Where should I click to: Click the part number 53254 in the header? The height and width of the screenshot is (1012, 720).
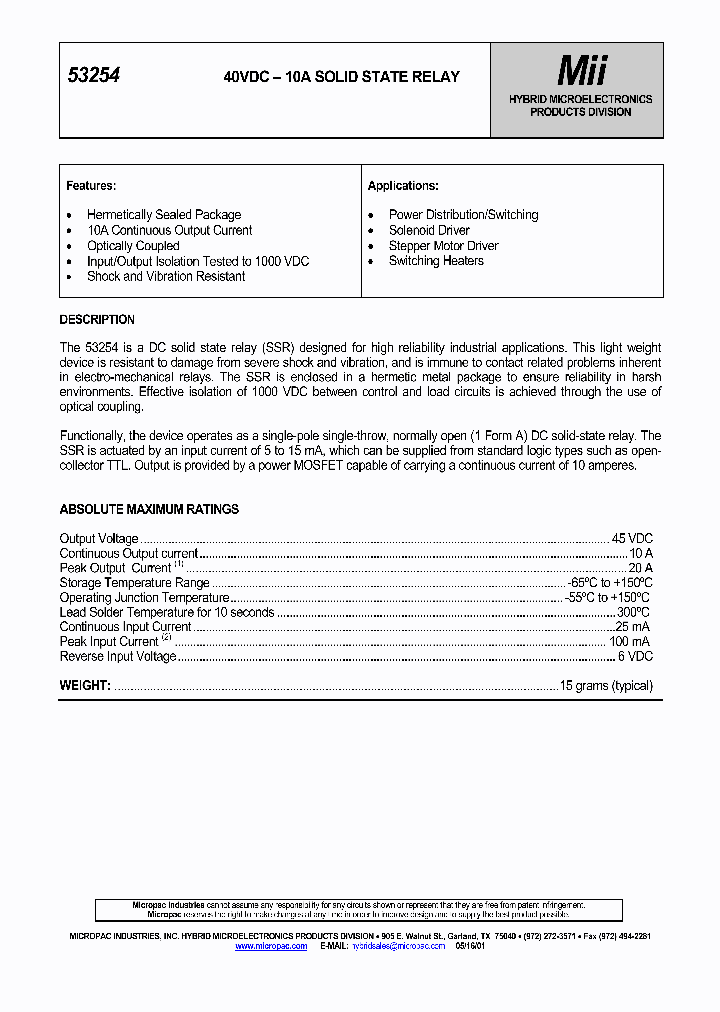pyautogui.click(x=93, y=76)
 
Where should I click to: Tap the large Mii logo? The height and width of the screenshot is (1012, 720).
pyautogui.click(x=581, y=71)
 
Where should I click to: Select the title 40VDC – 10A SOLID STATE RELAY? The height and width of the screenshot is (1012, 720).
pyautogui.click(x=342, y=77)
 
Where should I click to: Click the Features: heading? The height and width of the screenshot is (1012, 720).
pyautogui.click(x=91, y=186)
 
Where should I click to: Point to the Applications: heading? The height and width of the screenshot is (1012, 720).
pyautogui.click(x=403, y=186)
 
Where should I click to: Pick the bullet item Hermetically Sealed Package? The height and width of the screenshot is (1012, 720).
pyautogui.click(x=164, y=215)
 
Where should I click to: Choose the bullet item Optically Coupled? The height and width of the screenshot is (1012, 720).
pyautogui.click(x=133, y=246)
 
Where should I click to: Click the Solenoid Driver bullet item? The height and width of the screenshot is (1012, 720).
pyautogui.click(x=429, y=231)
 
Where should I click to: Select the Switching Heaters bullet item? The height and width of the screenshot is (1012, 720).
pyautogui.click(x=436, y=261)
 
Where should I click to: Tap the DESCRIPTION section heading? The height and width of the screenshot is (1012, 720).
pyautogui.click(x=97, y=320)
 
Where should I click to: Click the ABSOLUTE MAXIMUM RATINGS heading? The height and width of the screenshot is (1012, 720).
pyautogui.click(x=149, y=509)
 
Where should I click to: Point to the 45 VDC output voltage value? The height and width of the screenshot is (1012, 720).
pyautogui.click(x=632, y=539)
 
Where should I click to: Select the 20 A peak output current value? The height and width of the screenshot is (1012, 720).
pyautogui.click(x=640, y=568)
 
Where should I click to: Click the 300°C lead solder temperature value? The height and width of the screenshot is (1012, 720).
pyautogui.click(x=633, y=612)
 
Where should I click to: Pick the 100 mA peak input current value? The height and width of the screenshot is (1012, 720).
pyautogui.click(x=630, y=642)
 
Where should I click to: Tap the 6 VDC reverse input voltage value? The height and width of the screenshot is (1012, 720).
pyautogui.click(x=635, y=657)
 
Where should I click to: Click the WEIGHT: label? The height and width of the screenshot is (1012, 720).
pyautogui.click(x=85, y=686)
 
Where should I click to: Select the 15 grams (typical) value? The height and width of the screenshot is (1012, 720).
pyautogui.click(x=606, y=686)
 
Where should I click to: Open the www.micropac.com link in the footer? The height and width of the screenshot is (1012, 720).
pyautogui.click(x=271, y=946)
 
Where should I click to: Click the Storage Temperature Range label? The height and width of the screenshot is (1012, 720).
pyautogui.click(x=134, y=583)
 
